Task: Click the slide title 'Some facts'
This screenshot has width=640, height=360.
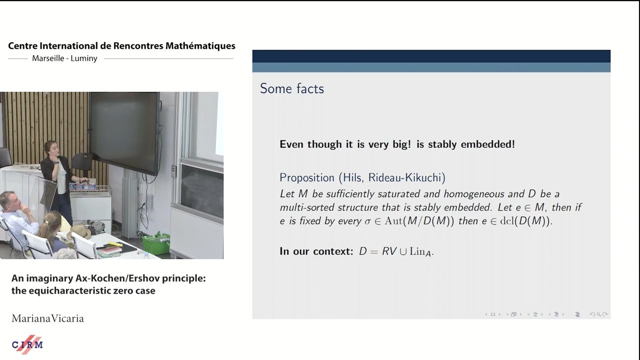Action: point(291,88)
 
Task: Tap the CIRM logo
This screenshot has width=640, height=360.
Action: point(27,344)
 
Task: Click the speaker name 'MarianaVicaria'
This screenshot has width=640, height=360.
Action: point(47,318)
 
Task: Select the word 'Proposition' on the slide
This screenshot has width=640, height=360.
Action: point(307,178)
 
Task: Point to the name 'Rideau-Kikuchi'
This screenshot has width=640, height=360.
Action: point(407,177)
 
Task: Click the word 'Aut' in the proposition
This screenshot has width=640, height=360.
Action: point(393,221)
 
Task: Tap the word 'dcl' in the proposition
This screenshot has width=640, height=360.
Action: point(507,221)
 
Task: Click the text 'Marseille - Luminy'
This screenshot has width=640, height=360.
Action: point(64,58)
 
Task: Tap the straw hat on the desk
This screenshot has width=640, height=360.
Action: point(80,231)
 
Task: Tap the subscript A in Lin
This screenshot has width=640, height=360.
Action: point(427,253)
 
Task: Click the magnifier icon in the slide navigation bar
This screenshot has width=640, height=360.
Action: point(598,314)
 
